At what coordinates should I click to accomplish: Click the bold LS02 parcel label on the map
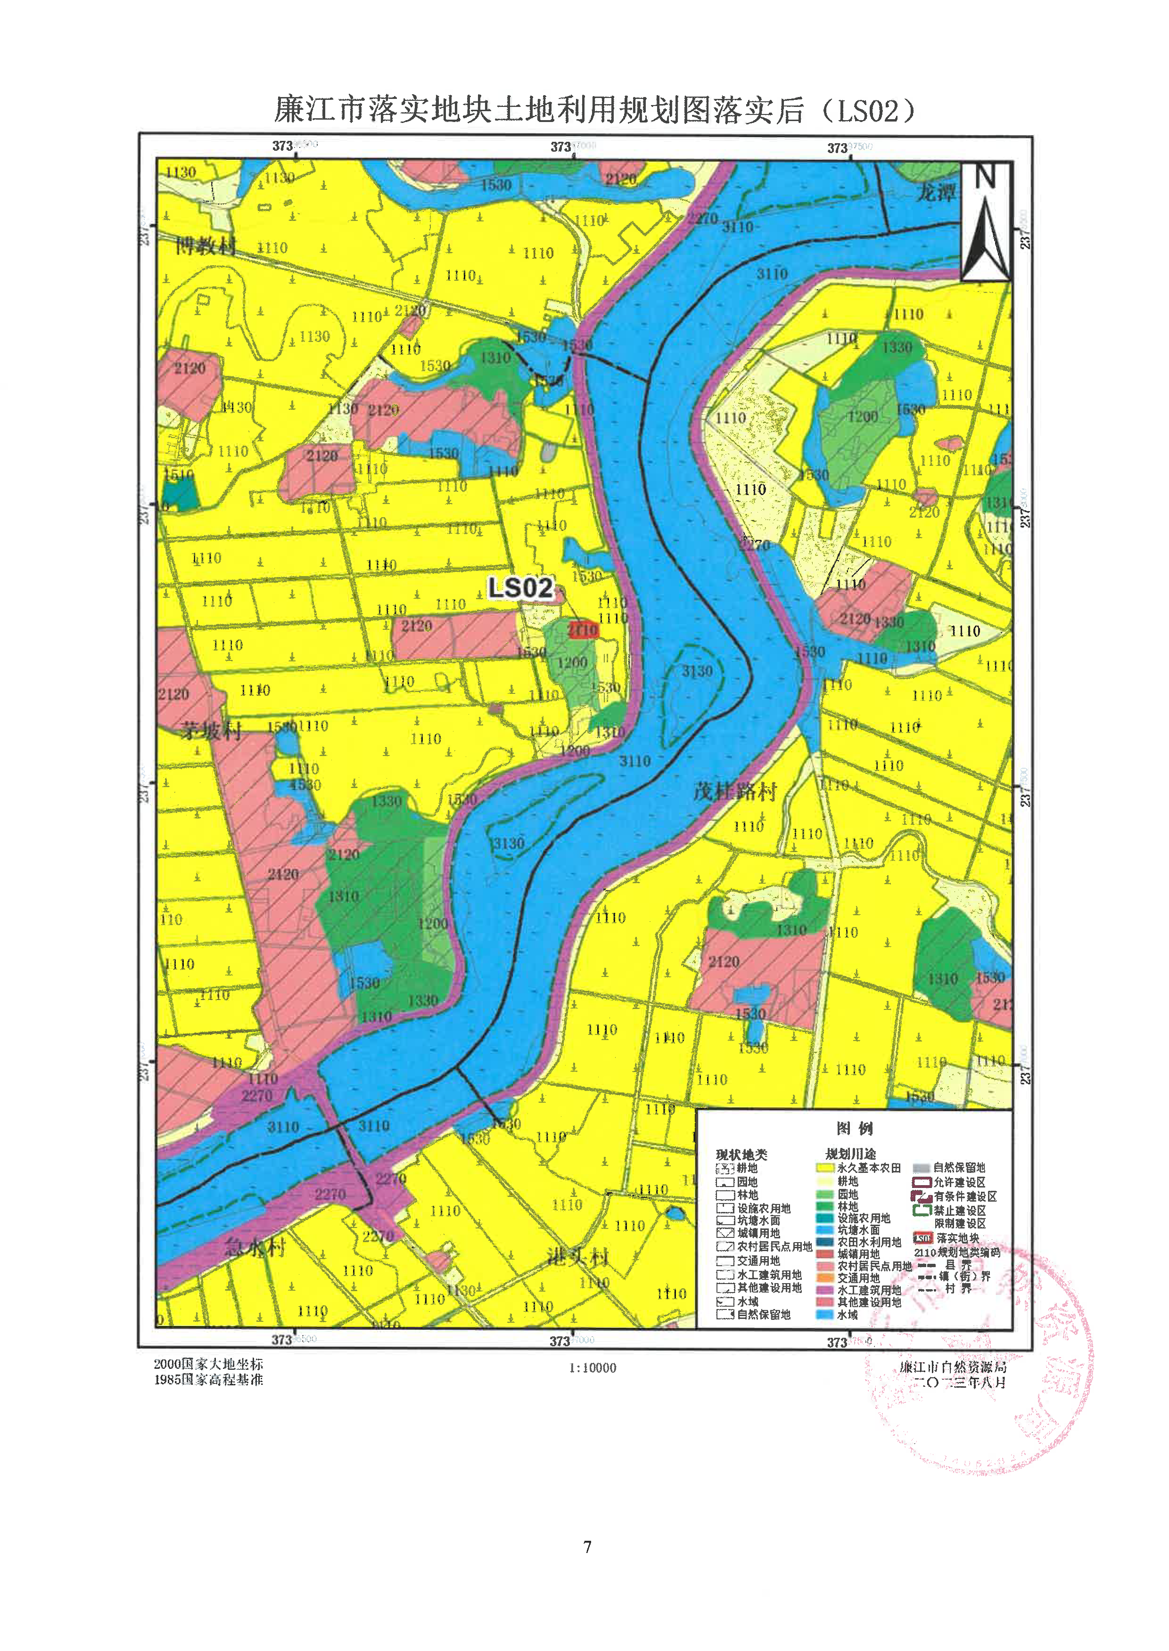(x=520, y=588)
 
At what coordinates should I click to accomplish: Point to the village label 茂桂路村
(x=735, y=792)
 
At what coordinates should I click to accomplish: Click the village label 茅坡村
(x=210, y=731)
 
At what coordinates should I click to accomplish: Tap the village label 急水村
(x=255, y=1246)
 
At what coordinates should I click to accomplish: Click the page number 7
(x=587, y=1546)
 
